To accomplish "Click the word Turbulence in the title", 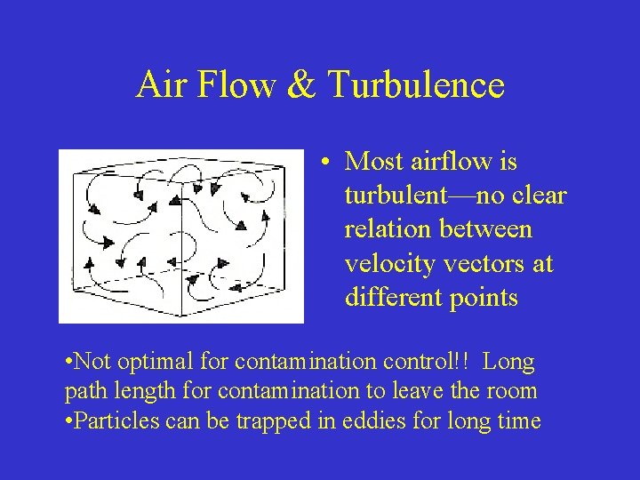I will click(x=416, y=85).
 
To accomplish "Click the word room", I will click(x=513, y=392).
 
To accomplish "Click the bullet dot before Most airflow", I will click(x=328, y=163).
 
